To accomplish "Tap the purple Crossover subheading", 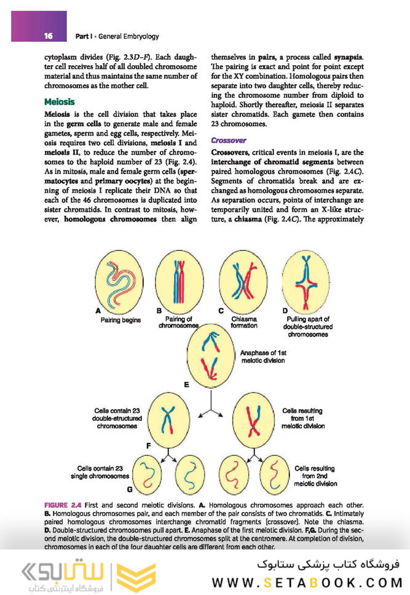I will pos(230,140).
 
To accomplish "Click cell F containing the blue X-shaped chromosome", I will pos(167,423).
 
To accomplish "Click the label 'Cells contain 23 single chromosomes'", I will pos(103,472).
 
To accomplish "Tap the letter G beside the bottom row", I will pos(129,489).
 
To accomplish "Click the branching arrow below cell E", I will pos(210,409).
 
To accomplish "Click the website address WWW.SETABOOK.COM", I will pos(307,582).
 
